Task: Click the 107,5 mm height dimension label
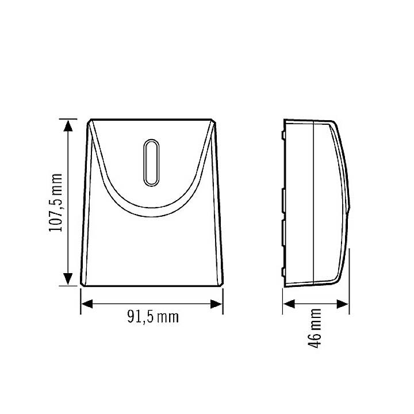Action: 55,202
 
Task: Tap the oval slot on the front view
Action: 152,163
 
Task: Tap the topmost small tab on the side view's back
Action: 284,135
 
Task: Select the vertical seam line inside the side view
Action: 312,201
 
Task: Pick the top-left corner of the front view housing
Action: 90,121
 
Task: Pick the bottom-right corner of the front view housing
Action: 221,285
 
